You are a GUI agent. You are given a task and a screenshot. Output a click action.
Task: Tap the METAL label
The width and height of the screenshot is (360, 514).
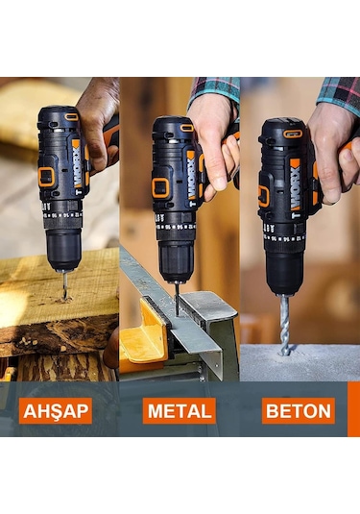point(179,411)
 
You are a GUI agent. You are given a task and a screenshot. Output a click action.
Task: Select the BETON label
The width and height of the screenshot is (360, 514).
point(298,411)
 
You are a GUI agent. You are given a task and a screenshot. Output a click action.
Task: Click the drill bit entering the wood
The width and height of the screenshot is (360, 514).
point(64,283)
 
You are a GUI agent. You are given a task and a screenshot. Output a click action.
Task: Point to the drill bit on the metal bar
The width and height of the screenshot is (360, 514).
point(177,298)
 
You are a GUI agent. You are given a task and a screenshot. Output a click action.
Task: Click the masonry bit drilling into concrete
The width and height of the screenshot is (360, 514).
point(284,323)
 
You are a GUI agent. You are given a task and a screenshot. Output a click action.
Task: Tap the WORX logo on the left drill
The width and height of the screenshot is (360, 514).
point(77,163)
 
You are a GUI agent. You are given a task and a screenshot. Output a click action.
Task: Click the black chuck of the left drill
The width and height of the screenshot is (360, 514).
point(63,248)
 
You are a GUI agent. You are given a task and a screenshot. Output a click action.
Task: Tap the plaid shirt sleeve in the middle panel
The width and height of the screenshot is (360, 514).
point(213,87)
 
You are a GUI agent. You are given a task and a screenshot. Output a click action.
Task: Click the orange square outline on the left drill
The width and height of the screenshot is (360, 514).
point(46,177)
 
